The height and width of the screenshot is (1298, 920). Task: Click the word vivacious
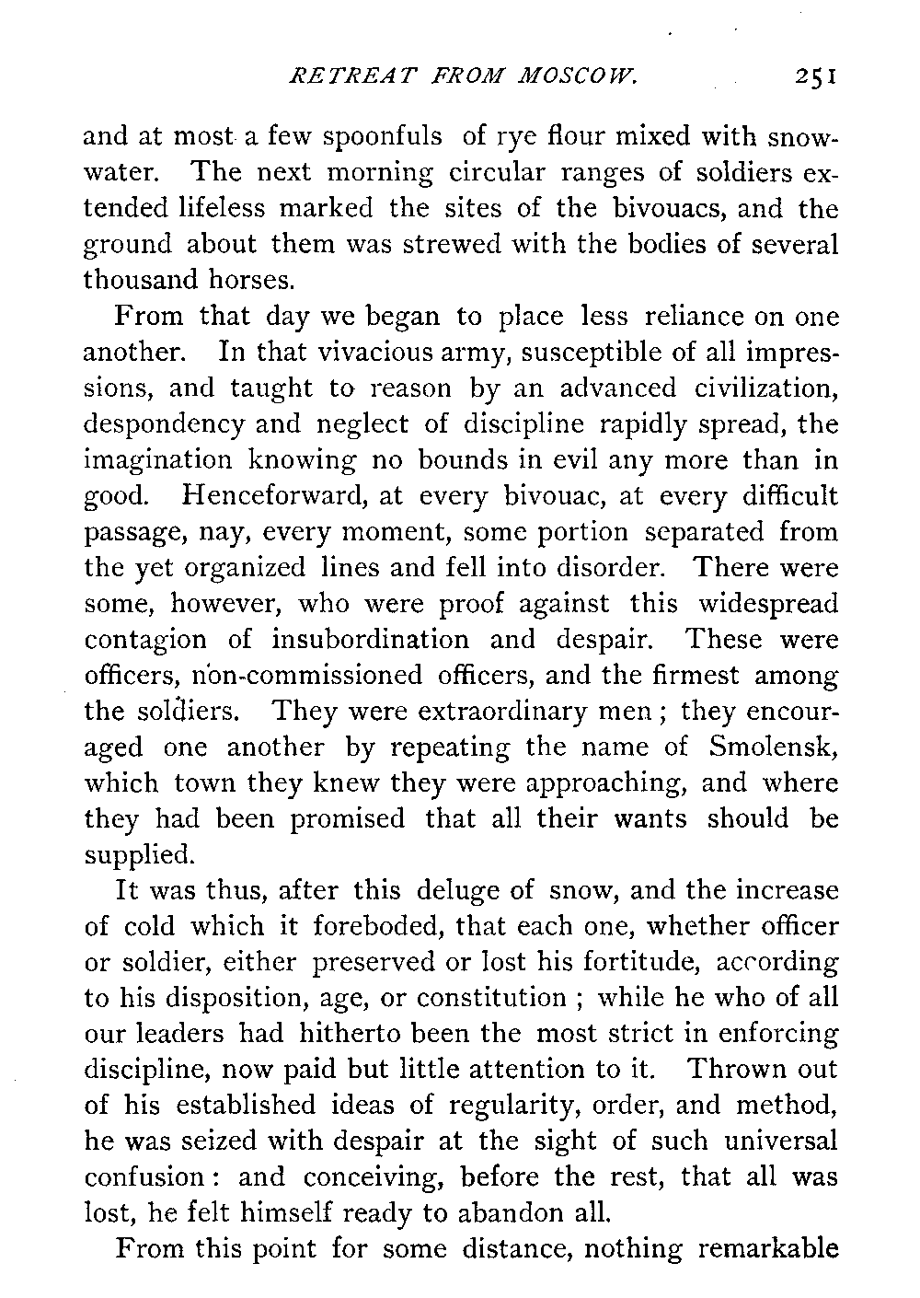tap(360, 353)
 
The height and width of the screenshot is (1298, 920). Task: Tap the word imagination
tap(158, 460)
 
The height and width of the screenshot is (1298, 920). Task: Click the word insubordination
tap(370, 640)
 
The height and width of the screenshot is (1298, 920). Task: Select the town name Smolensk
tap(775, 748)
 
